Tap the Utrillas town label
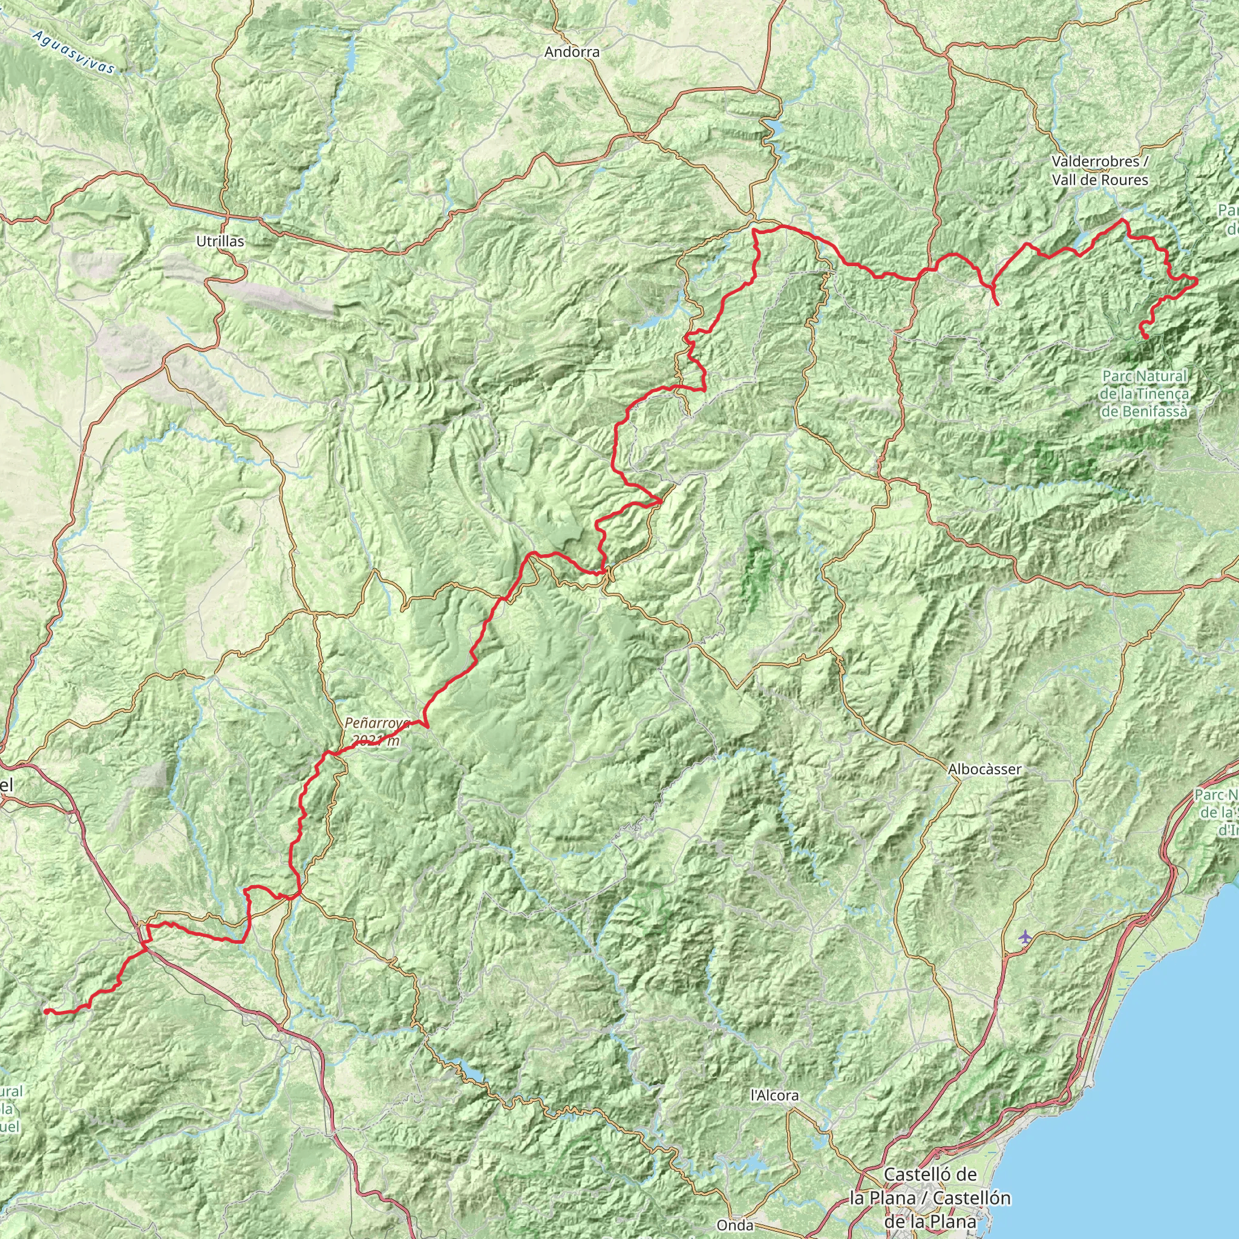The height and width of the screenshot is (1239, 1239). [220, 242]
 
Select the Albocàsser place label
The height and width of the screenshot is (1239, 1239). [984, 770]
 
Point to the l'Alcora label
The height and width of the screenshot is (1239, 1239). [775, 1096]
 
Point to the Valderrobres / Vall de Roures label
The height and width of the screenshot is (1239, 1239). [1100, 171]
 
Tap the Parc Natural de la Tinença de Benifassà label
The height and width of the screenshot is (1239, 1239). [1144, 393]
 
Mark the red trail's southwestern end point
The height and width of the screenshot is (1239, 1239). [45, 1012]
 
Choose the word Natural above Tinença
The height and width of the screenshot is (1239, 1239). [1160, 376]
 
